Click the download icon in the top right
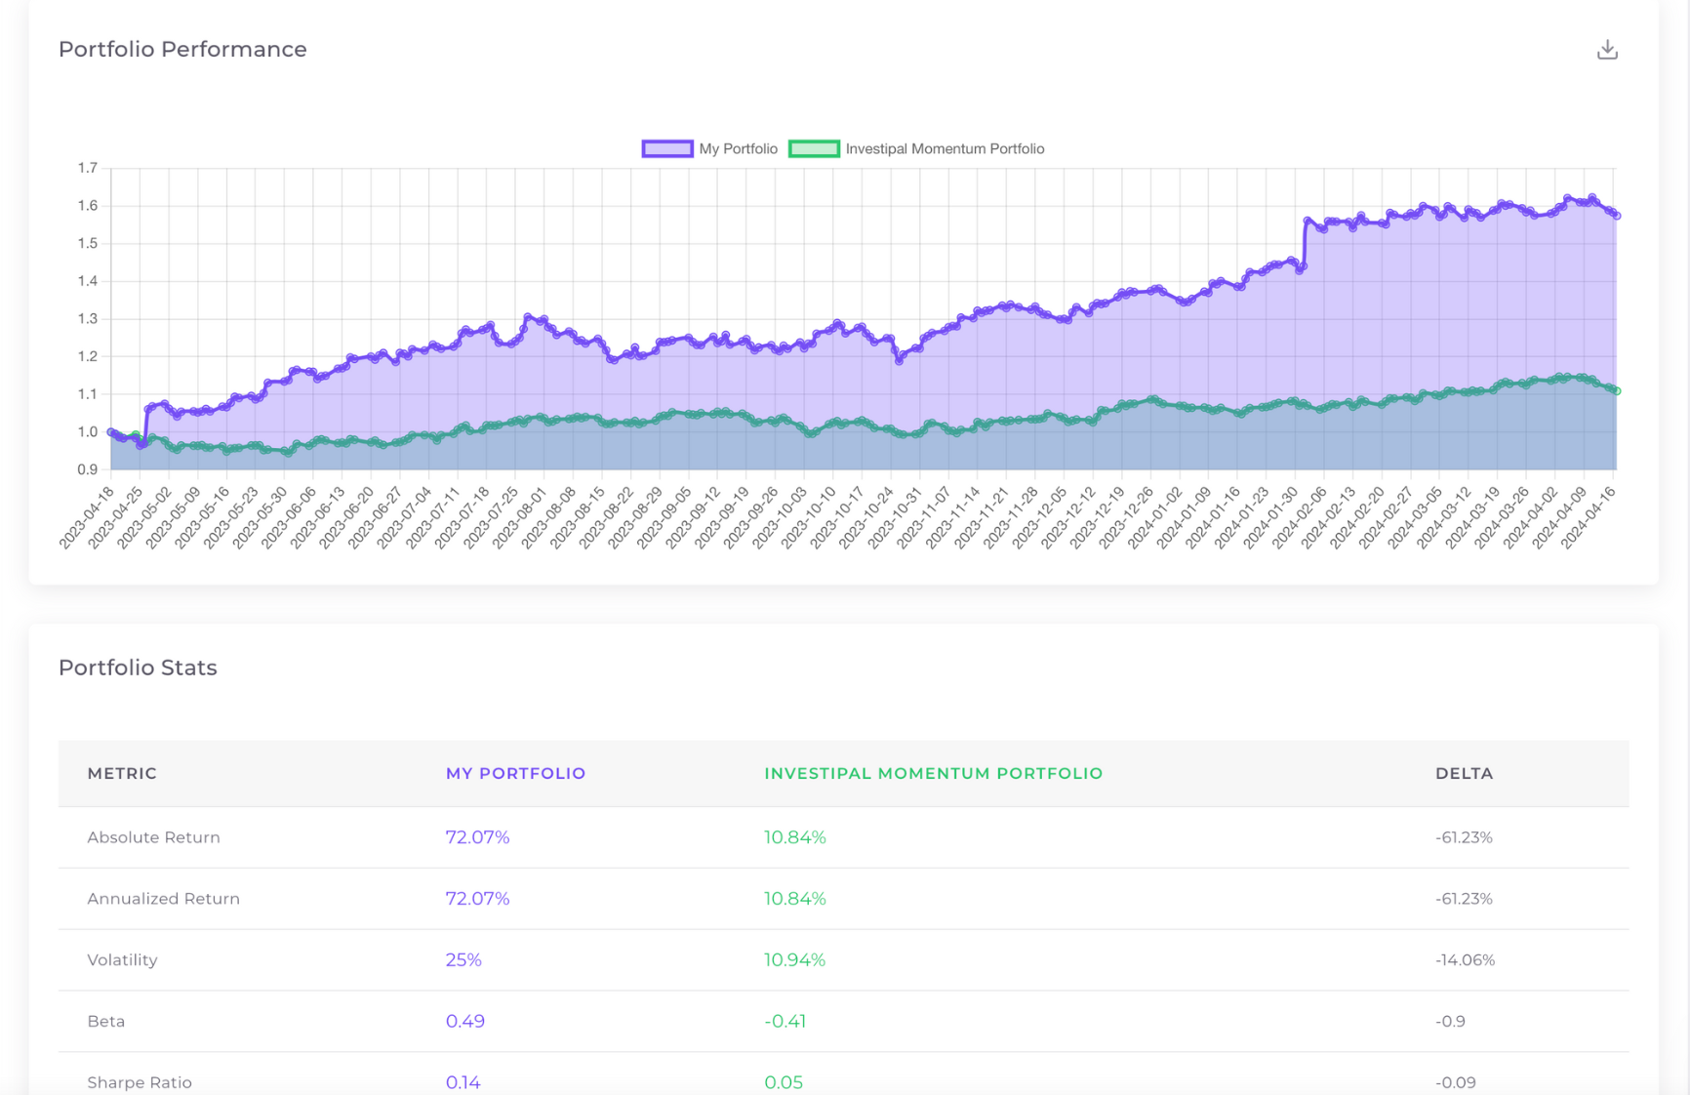click(1607, 50)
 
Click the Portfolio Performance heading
click(182, 49)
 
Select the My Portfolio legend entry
click(710, 148)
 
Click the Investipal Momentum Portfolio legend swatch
click(814, 148)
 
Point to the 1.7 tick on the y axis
click(88, 168)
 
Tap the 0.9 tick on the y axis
click(88, 469)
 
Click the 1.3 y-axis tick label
click(88, 319)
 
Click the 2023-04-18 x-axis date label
click(88, 519)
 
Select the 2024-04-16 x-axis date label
click(1589, 519)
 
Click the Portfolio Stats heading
click(138, 668)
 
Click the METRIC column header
click(122, 773)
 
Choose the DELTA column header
click(1464, 773)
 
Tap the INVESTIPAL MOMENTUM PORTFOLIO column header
click(933, 773)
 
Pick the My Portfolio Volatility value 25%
click(463, 959)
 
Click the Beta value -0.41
click(785, 1021)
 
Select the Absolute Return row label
click(153, 837)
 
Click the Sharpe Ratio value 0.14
click(463, 1081)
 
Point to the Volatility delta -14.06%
click(1465, 959)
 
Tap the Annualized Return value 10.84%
click(794, 898)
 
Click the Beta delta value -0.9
click(1450, 1021)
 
